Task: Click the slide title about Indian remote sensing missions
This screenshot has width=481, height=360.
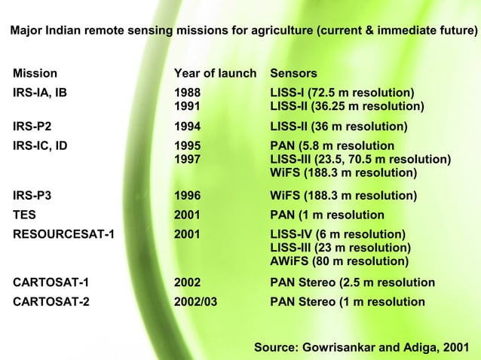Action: pyautogui.click(x=244, y=32)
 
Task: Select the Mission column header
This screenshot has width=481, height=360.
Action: pyautogui.click(x=35, y=74)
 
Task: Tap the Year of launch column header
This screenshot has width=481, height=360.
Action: pyautogui.click(x=215, y=74)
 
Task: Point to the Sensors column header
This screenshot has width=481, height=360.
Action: pyautogui.click(x=293, y=74)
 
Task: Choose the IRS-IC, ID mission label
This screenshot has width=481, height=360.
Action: pyautogui.click(x=40, y=145)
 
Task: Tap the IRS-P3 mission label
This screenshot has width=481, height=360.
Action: pyautogui.click(x=32, y=196)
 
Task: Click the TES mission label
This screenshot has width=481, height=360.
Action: pyautogui.click(x=24, y=215)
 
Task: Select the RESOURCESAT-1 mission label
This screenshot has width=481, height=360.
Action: pyautogui.click(x=63, y=234)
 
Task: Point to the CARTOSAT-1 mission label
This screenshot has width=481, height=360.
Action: pyautogui.click(x=51, y=282)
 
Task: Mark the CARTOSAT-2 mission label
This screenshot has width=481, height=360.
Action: pyautogui.click(x=51, y=302)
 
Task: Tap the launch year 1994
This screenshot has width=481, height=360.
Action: pyautogui.click(x=187, y=127)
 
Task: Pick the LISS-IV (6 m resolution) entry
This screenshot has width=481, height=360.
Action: pyautogui.click(x=338, y=234)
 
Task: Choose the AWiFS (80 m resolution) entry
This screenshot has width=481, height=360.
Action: pyautogui.click(x=339, y=261)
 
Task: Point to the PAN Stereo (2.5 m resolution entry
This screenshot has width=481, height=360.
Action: pyautogui.click(x=352, y=282)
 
